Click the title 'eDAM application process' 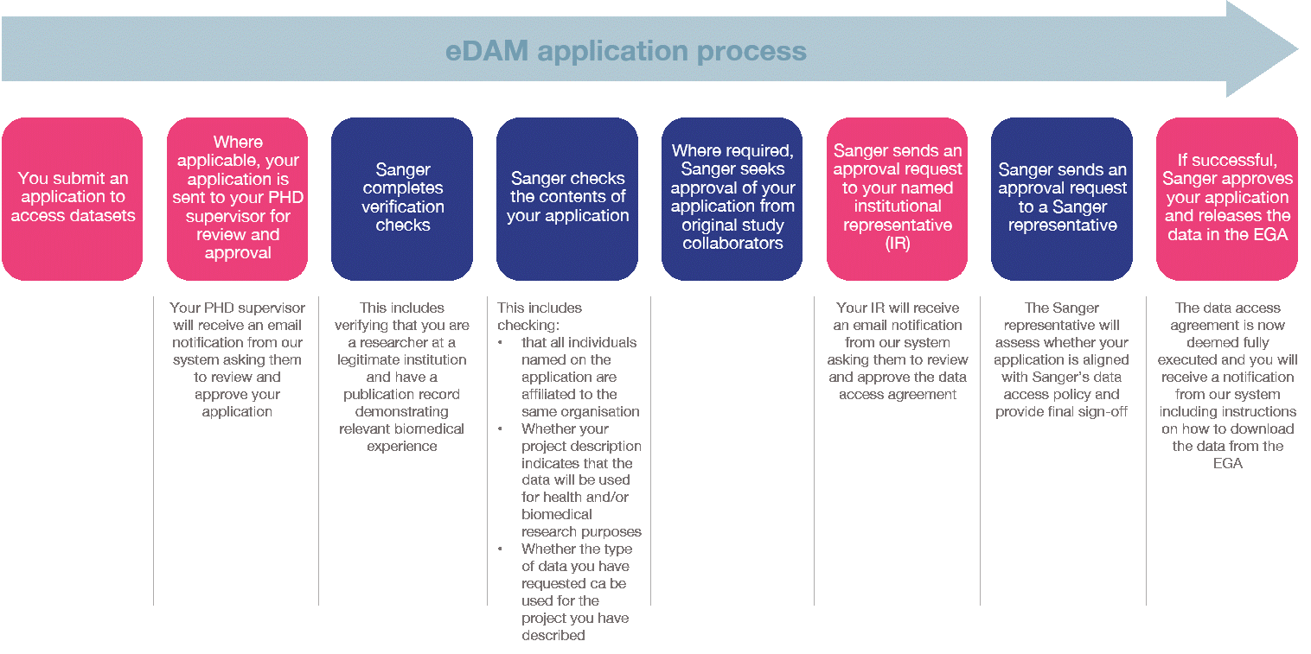625,51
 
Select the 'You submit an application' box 73,198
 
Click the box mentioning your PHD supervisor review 237,198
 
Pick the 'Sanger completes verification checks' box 402,198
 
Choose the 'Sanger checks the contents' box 567,198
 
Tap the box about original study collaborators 732,198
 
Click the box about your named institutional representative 897,198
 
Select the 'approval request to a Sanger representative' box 1062,198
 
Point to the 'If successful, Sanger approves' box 1227,198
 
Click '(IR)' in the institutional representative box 898,244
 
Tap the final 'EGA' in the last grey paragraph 1227,464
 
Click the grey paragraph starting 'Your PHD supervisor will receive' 237,359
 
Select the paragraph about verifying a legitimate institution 402,377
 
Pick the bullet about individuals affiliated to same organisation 580,377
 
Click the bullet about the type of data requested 577,592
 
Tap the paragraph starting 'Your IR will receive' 898,351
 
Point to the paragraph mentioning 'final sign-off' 1062,359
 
